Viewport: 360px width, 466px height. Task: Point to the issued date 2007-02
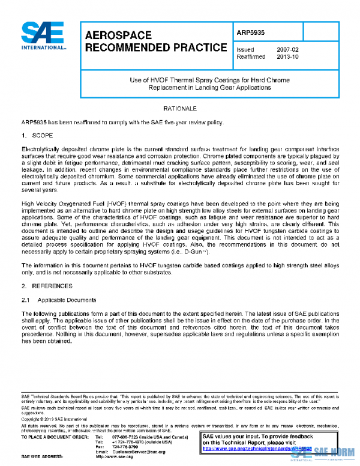287,49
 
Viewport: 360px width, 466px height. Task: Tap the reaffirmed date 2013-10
287,58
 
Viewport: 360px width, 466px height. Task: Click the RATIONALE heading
179,109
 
